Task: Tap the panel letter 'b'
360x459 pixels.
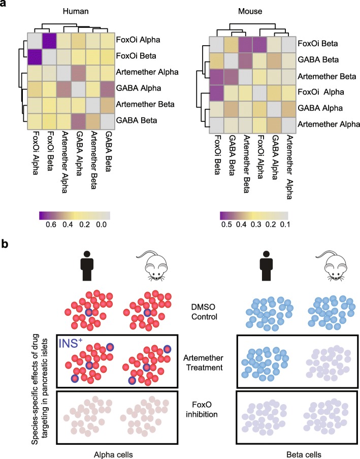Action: pyautogui.click(x=8, y=245)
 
